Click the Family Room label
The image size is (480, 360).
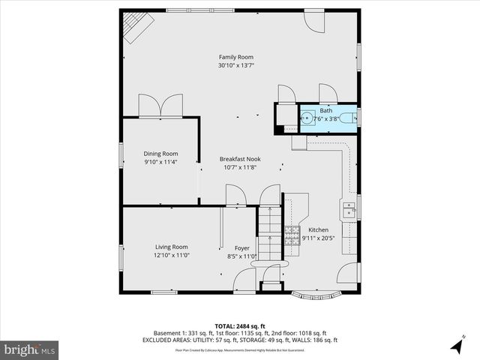coord(236,57)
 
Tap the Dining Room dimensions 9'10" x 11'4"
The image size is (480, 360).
coord(160,161)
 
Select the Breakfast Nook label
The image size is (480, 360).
coord(240,159)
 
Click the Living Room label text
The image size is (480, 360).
coord(171,247)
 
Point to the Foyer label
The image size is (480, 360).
coord(241,248)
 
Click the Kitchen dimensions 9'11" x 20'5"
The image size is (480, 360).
coord(318,238)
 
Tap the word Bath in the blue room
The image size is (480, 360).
coord(325,110)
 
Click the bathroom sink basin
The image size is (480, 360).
coord(308,118)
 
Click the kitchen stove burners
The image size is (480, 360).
coord(292,239)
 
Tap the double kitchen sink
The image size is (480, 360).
coord(349,210)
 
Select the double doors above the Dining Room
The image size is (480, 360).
coord(160,106)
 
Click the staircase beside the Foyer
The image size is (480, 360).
coord(269,232)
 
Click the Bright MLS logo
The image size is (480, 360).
coord(30,349)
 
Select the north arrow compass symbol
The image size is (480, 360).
coord(456,346)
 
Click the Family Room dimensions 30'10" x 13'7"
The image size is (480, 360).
coord(236,65)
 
